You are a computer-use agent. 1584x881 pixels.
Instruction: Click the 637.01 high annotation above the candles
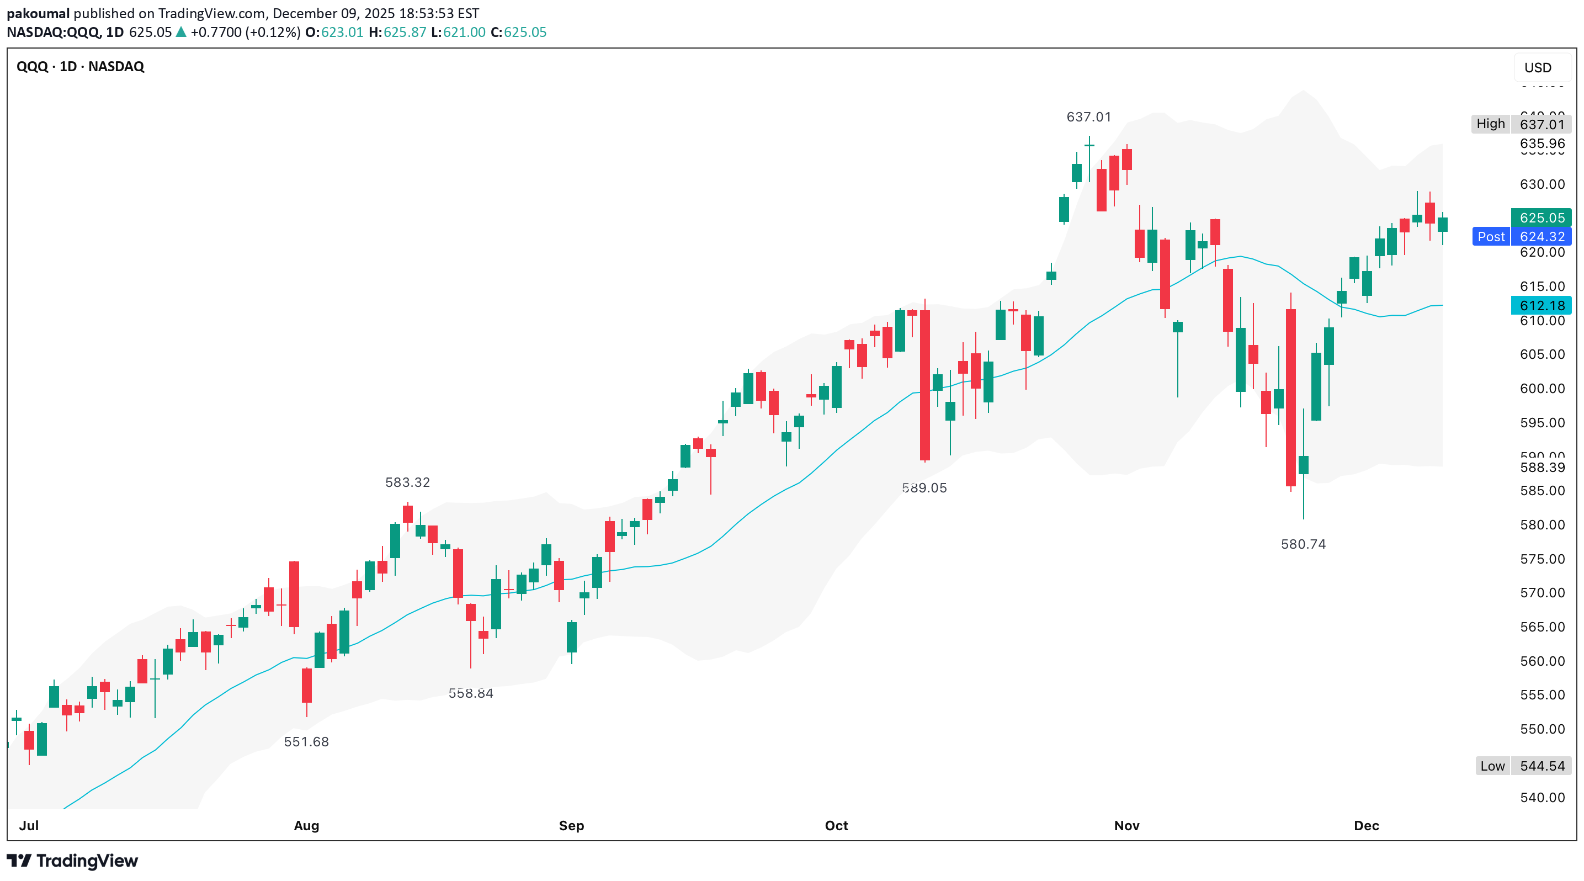click(1088, 117)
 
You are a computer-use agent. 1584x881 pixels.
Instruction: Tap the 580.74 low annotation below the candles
click(1303, 544)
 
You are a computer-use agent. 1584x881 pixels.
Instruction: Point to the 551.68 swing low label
click(306, 741)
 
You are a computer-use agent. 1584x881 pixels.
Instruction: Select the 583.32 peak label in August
click(407, 482)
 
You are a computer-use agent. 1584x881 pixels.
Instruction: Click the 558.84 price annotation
click(470, 693)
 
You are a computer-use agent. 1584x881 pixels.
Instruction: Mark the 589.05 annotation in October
click(924, 487)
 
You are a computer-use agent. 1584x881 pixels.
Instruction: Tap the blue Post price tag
click(1491, 237)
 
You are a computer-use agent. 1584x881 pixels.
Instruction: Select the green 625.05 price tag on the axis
click(1542, 217)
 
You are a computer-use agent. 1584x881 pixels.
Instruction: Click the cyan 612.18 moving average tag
click(1542, 306)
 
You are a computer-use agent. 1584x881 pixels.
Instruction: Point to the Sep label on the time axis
click(571, 825)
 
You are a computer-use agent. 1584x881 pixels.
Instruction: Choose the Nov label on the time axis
click(1126, 825)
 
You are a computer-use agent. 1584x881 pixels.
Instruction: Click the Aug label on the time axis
click(306, 825)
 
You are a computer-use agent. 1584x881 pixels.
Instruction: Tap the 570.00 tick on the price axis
click(1542, 593)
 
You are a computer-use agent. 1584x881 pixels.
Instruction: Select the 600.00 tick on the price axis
click(1542, 389)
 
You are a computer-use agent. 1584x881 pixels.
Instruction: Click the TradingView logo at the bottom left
click(72, 861)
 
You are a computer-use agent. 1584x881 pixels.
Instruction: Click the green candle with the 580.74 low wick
click(1304, 465)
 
